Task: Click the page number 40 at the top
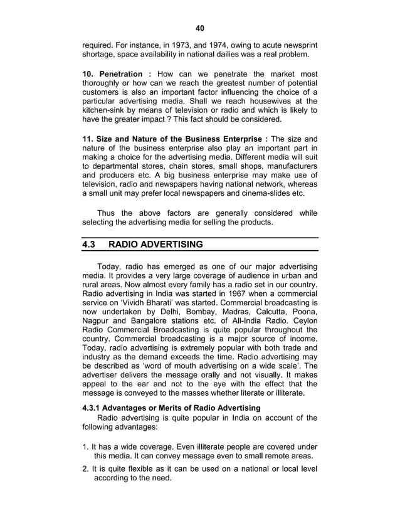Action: pos(200,28)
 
